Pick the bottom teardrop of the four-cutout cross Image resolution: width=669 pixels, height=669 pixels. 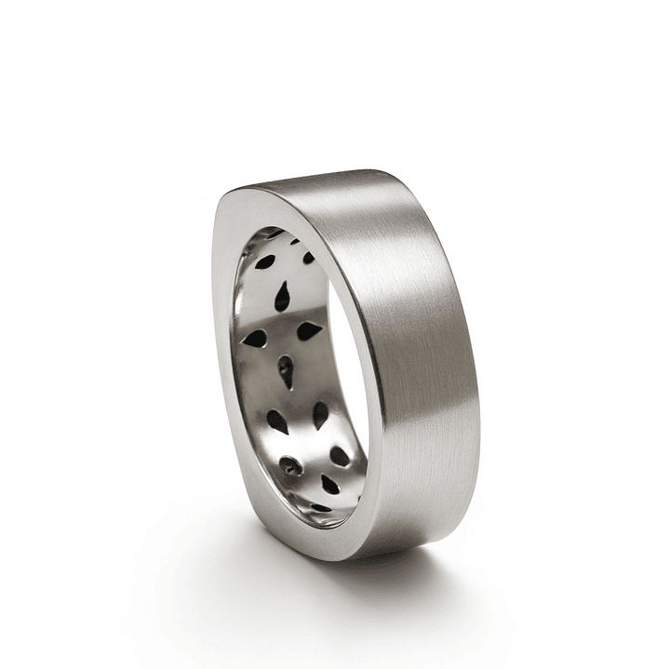point(287,369)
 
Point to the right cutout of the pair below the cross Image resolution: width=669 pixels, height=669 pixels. point(321,415)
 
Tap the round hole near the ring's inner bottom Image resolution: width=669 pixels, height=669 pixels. point(292,465)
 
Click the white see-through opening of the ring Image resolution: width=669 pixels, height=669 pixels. point(348,391)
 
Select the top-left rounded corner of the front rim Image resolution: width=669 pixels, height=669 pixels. point(233,200)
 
